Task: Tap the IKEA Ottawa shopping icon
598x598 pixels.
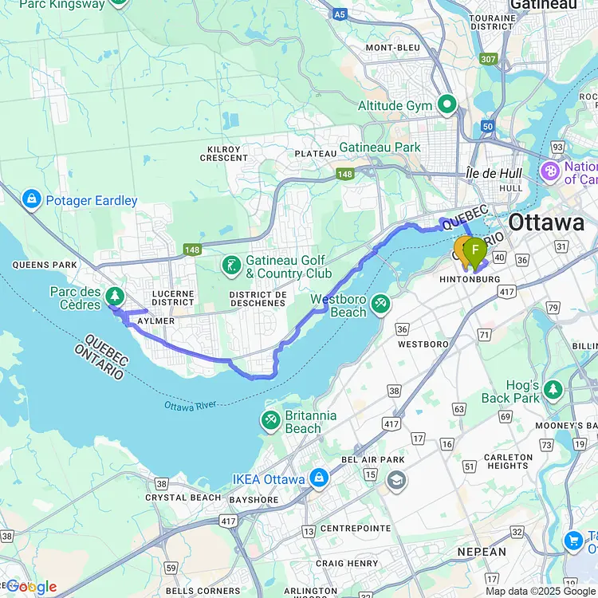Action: pos(318,478)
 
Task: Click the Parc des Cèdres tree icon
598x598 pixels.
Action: pos(116,297)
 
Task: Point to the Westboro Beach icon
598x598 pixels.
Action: pos(380,304)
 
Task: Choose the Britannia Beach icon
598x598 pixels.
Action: pos(271,419)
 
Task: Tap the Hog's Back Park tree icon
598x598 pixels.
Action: pos(553,390)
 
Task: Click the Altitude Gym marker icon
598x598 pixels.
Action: pos(447,104)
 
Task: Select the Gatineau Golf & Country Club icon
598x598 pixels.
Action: pos(231,265)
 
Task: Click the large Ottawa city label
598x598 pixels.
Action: pos(546,222)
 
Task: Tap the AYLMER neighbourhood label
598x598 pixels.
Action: pos(156,320)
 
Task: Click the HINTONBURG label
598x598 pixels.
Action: pos(469,280)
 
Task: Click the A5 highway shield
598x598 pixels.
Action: pos(340,14)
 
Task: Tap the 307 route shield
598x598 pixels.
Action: pos(488,59)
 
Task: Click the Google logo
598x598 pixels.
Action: pos(31,587)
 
